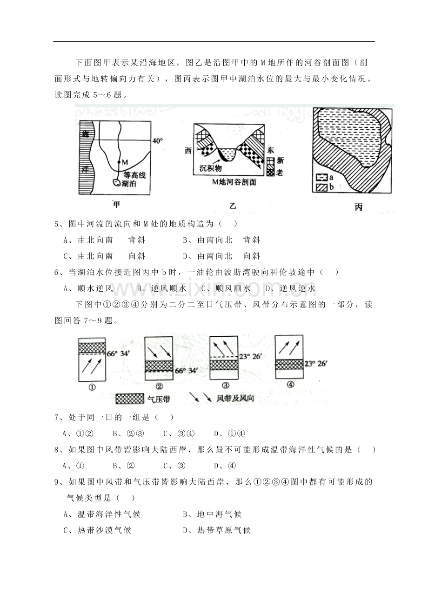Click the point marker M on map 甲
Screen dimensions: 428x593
coord(119,162)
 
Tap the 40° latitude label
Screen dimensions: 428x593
coord(157,141)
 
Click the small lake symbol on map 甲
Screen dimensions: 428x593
coord(116,182)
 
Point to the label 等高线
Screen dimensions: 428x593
coord(134,175)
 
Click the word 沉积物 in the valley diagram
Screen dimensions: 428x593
coord(211,168)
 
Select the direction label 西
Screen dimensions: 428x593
coord(188,151)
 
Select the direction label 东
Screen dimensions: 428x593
coord(270,150)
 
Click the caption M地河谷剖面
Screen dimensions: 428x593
coord(234,182)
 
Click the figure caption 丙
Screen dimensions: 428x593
coord(358,207)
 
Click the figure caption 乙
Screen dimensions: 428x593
coord(233,206)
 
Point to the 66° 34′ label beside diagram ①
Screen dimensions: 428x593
coord(118,353)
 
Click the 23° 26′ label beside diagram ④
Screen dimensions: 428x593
coord(316,364)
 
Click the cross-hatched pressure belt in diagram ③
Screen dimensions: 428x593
coord(224,365)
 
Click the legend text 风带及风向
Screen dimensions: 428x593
coord(235,398)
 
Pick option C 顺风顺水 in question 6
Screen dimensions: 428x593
coord(226,288)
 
